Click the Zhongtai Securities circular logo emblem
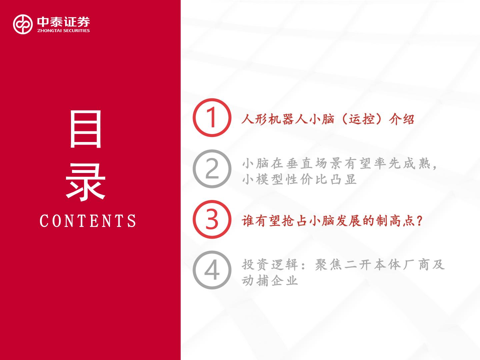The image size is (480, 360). (x=23, y=24)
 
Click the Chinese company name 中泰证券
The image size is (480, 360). (x=63, y=22)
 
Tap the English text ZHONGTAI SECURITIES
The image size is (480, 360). (x=63, y=31)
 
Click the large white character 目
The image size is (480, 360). (x=86, y=129)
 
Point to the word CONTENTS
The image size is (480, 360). (x=88, y=221)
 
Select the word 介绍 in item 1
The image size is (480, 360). (x=401, y=119)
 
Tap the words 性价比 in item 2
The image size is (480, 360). (x=307, y=179)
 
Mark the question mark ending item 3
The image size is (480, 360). (x=419, y=221)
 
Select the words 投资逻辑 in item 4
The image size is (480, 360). (x=270, y=265)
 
